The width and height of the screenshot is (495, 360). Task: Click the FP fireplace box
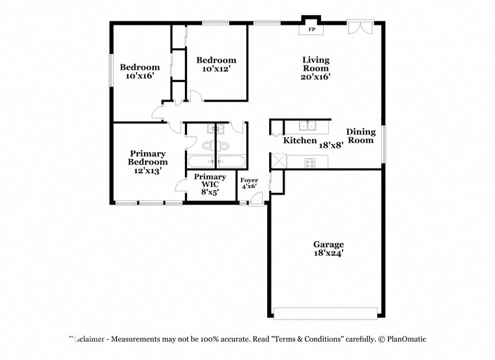point(311,29)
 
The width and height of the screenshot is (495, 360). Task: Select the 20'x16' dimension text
point(315,76)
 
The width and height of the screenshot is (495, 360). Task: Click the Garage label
point(328,245)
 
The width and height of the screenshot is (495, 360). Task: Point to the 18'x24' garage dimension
point(328,254)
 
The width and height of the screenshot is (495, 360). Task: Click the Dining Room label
point(360,135)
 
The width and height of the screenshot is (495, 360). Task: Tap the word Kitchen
point(300,141)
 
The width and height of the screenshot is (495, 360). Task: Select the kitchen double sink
point(308,126)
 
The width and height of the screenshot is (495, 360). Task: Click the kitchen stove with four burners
point(309,161)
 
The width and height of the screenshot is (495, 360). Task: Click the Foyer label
point(249,180)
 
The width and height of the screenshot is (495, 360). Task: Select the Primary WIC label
point(210,180)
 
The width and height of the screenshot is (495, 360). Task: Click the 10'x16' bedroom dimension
point(139,76)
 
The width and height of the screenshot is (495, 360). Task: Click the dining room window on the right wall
point(384,143)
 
